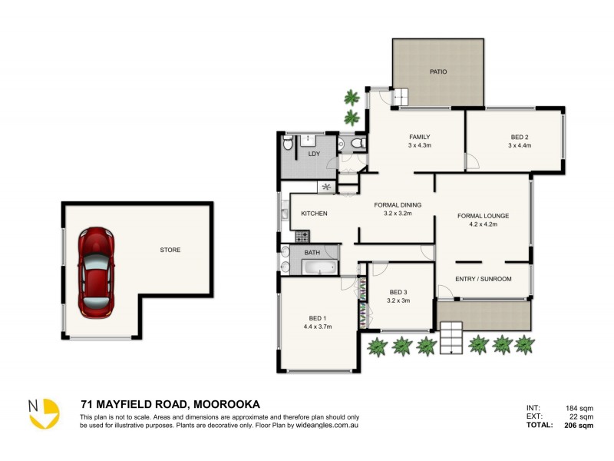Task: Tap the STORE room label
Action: point(170,250)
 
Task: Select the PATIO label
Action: point(437,72)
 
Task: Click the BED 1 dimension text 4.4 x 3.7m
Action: point(318,327)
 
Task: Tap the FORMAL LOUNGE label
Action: point(483,216)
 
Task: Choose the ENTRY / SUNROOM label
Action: point(483,279)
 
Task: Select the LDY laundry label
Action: point(314,154)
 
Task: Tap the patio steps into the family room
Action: point(401,96)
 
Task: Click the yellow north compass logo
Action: point(45,413)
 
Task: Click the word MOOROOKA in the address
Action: point(226,403)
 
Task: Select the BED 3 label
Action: point(398,292)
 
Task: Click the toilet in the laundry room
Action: point(288,143)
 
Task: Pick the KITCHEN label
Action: point(315,214)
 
